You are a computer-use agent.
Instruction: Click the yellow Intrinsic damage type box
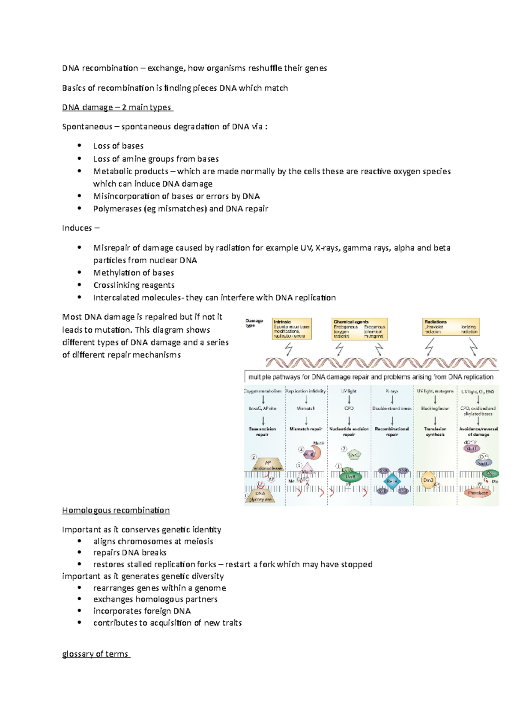pyautogui.click(x=291, y=329)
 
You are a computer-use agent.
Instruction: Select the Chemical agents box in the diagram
pyautogui.click(x=359, y=329)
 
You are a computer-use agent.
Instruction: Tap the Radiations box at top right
pyautogui.click(x=451, y=327)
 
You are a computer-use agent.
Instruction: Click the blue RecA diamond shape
pyautogui.click(x=392, y=481)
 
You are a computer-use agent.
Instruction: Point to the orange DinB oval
pyautogui.click(x=428, y=480)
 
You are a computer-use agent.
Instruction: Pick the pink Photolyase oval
pyautogui.click(x=478, y=493)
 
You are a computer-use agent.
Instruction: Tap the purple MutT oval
pyautogui.click(x=472, y=449)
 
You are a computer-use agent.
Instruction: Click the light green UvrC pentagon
pyautogui.click(x=354, y=455)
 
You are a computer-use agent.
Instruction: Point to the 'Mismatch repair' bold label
pyautogui.click(x=306, y=429)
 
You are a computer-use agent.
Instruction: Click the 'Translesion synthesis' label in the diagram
pyautogui.click(x=435, y=432)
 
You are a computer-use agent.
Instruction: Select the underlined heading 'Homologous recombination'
pyautogui.click(x=116, y=510)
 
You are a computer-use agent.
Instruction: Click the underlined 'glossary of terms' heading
pyautogui.click(x=96, y=654)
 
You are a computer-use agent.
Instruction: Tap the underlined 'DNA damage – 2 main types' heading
pyautogui.click(x=117, y=107)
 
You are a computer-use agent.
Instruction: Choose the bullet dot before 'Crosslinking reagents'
pyautogui.click(x=79, y=285)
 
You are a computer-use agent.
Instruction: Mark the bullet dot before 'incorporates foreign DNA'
pyautogui.click(x=79, y=611)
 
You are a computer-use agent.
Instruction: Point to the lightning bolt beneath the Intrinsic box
pyautogui.click(x=289, y=349)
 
